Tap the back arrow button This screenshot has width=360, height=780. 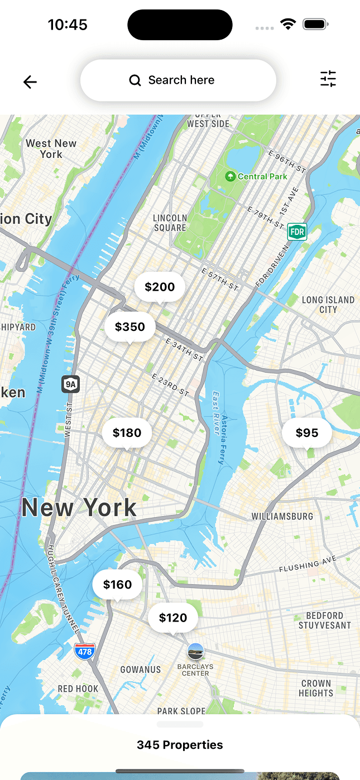pos(30,82)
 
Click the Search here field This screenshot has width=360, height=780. pos(178,80)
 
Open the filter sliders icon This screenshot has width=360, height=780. pos(328,79)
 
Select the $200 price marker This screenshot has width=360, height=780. pos(160,287)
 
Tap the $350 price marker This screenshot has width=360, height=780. pos(130,327)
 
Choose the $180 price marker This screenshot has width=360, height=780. pos(127,432)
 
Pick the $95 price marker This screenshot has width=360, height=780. pos(307,432)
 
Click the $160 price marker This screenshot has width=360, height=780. pos(117,584)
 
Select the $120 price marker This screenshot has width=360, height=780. pos(173,618)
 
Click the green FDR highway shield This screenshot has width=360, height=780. pos(297,232)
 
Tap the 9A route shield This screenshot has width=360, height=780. pos(70,384)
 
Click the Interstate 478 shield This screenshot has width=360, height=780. pos(85,651)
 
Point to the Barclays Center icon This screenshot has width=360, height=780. pos(195,651)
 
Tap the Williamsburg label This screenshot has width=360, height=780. pos(282,516)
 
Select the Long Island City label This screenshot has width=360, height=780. pos(328,304)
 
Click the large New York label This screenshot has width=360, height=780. pos(79,507)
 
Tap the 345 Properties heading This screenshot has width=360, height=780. pos(180,745)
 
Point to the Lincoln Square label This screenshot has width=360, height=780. pos(170,223)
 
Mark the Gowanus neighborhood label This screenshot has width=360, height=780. pos(141,670)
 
